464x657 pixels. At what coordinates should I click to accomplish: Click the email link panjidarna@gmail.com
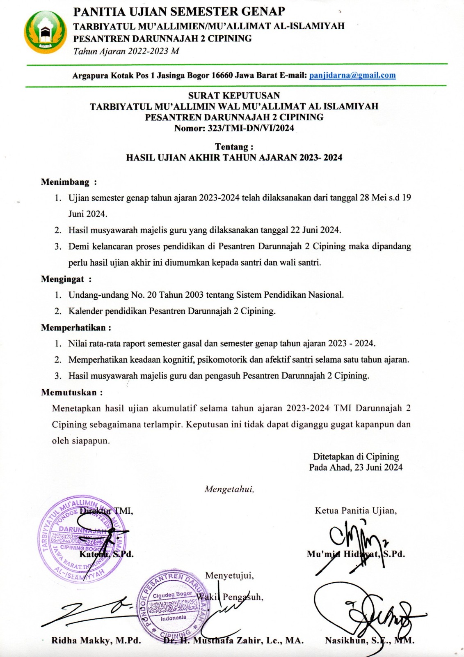pyautogui.click(x=352, y=75)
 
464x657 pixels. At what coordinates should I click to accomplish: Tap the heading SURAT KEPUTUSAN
pyautogui.click(x=234, y=96)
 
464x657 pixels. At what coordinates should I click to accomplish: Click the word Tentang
pyautogui.click(x=232, y=147)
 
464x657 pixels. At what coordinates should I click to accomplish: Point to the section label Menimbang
pyautogui.click(x=65, y=182)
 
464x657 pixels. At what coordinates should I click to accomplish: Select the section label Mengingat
pyautogui.click(x=62, y=279)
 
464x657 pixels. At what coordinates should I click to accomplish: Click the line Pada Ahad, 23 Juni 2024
pyautogui.click(x=356, y=467)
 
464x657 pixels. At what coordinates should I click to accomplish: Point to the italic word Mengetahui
pyautogui.click(x=229, y=489)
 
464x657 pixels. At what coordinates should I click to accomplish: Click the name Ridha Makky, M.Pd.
pyautogui.click(x=96, y=641)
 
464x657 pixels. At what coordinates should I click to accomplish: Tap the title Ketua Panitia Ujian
pyautogui.click(x=355, y=511)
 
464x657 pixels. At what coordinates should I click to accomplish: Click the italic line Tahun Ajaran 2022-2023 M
pyautogui.click(x=126, y=51)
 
